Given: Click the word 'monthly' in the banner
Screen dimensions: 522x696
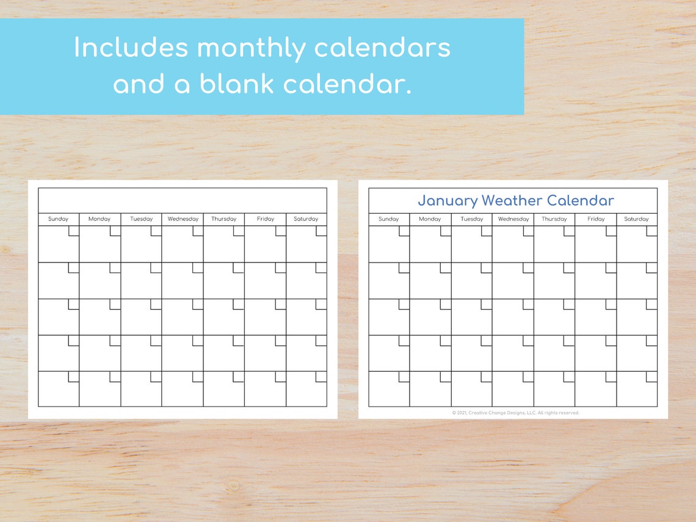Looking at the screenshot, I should tap(252, 48).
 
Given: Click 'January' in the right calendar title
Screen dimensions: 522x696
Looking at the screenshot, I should tap(448, 200).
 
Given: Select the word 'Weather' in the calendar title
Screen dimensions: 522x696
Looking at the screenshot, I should tap(512, 200).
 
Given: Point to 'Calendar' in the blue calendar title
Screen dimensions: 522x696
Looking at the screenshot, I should tap(580, 200).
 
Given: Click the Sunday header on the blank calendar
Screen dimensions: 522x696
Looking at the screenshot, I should tap(59, 219).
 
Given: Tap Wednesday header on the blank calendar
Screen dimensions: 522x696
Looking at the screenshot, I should tap(183, 219).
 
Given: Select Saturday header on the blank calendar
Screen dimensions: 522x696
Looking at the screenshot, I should tap(306, 219).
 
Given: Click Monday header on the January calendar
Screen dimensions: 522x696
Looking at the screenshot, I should tap(430, 219).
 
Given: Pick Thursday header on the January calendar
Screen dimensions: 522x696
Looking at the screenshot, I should tap(554, 219).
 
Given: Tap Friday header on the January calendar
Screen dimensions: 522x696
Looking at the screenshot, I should tap(596, 219).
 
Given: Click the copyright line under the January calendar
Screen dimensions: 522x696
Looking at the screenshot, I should tap(515, 413).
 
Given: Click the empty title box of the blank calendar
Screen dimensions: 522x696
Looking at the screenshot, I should tap(182, 200).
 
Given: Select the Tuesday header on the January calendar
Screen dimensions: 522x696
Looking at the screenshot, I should tap(472, 219).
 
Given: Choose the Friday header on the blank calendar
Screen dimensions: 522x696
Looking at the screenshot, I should tap(265, 219).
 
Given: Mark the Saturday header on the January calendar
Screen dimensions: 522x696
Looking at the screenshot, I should tap(636, 219).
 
